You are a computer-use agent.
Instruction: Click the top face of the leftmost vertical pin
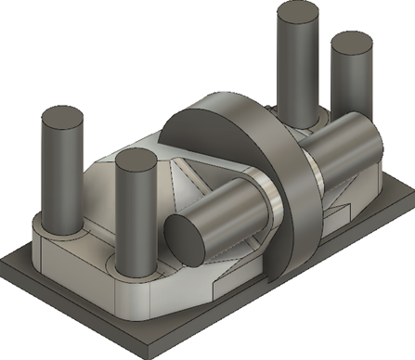[x=62, y=119]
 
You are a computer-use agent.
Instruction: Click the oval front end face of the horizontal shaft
[x=186, y=236]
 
